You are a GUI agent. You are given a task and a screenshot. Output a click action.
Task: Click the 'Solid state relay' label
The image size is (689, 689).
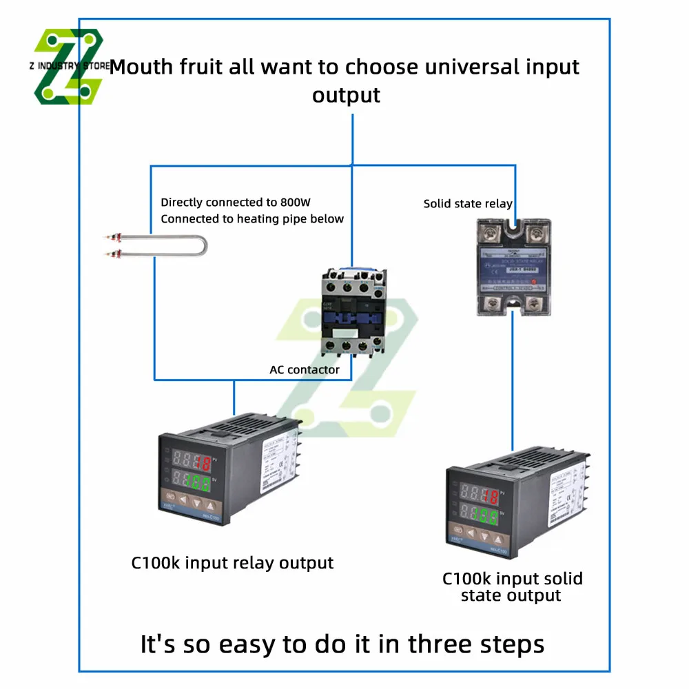pyautogui.click(x=468, y=203)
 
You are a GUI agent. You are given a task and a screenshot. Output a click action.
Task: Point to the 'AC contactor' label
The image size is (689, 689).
pyautogui.click(x=305, y=370)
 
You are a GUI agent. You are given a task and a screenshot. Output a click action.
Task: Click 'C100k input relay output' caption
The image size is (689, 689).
pyautogui.click(x=232, y=563)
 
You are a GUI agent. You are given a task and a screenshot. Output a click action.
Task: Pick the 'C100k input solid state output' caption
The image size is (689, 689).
pyautogui.click(x=512, y=586)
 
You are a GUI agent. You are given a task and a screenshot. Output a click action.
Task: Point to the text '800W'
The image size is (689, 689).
pyautogui.click(x=297, y=203)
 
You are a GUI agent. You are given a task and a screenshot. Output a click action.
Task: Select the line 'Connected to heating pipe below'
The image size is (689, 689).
pyautogui.click(x=252, y=219)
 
